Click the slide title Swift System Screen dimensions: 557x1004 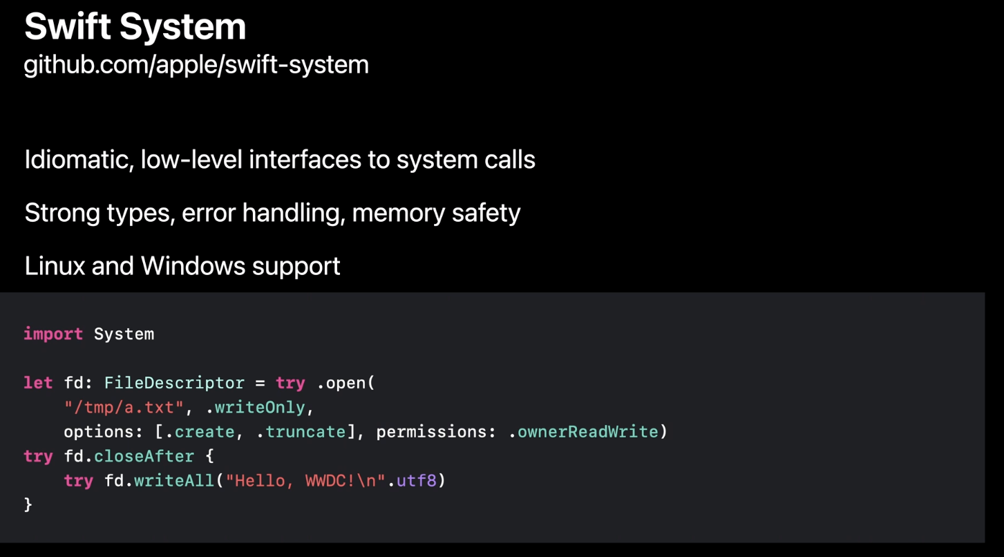(135, 28)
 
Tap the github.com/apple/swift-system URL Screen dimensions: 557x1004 (196, 65)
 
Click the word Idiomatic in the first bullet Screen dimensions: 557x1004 (79, 160)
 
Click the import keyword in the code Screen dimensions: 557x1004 (53, 334)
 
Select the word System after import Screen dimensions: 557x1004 (124, 334)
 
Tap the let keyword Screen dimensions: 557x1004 (38, 383)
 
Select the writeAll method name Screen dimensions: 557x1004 (174, 480)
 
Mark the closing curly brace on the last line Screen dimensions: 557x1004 (28, 505)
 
